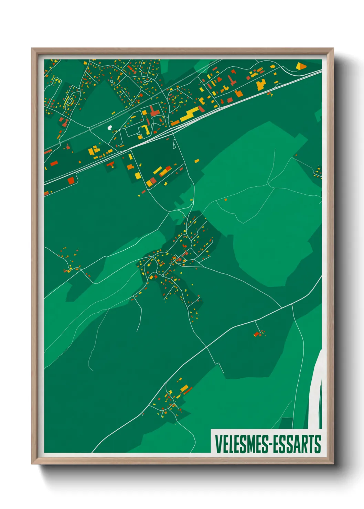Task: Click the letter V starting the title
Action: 217,444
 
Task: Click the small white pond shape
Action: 110,128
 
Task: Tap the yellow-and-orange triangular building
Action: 301,65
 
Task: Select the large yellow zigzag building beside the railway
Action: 190,114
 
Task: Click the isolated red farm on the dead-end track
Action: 257,334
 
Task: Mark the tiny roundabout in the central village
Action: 162,275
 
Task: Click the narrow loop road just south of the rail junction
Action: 174,144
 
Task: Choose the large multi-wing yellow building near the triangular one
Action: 261,84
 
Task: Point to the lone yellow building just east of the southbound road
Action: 197,161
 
